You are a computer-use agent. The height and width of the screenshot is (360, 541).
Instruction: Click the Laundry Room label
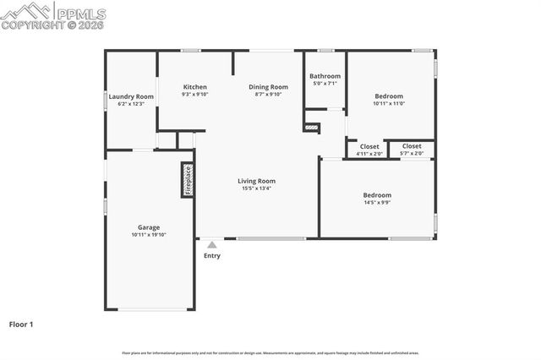tap(131, 96)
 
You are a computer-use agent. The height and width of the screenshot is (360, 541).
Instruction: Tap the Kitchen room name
tap(195, 87)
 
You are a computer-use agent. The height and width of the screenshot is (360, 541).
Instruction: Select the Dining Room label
tap(268, 87)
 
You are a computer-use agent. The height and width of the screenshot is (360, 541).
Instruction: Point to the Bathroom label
tap(325, 76)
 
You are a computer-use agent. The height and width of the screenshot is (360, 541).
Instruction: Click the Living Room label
tap(256, 180)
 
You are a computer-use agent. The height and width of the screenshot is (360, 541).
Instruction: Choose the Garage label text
tap(149, 227)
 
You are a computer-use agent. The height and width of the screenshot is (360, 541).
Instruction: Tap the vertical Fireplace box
tap(188, 180)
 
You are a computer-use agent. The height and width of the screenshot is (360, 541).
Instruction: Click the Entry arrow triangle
tap(211, 245)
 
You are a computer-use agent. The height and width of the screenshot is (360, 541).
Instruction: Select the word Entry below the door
tap(211, 255)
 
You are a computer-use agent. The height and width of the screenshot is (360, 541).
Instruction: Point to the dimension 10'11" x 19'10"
tap(149, 236)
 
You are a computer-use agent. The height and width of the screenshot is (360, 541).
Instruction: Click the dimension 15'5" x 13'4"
tap(256, 188)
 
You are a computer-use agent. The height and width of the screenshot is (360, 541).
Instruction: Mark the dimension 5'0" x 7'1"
tap(325, 84)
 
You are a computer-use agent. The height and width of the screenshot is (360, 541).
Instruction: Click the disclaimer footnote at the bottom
tap(270, 352)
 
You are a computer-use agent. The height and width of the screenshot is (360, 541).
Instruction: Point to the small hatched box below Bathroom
tap(311, 128)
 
